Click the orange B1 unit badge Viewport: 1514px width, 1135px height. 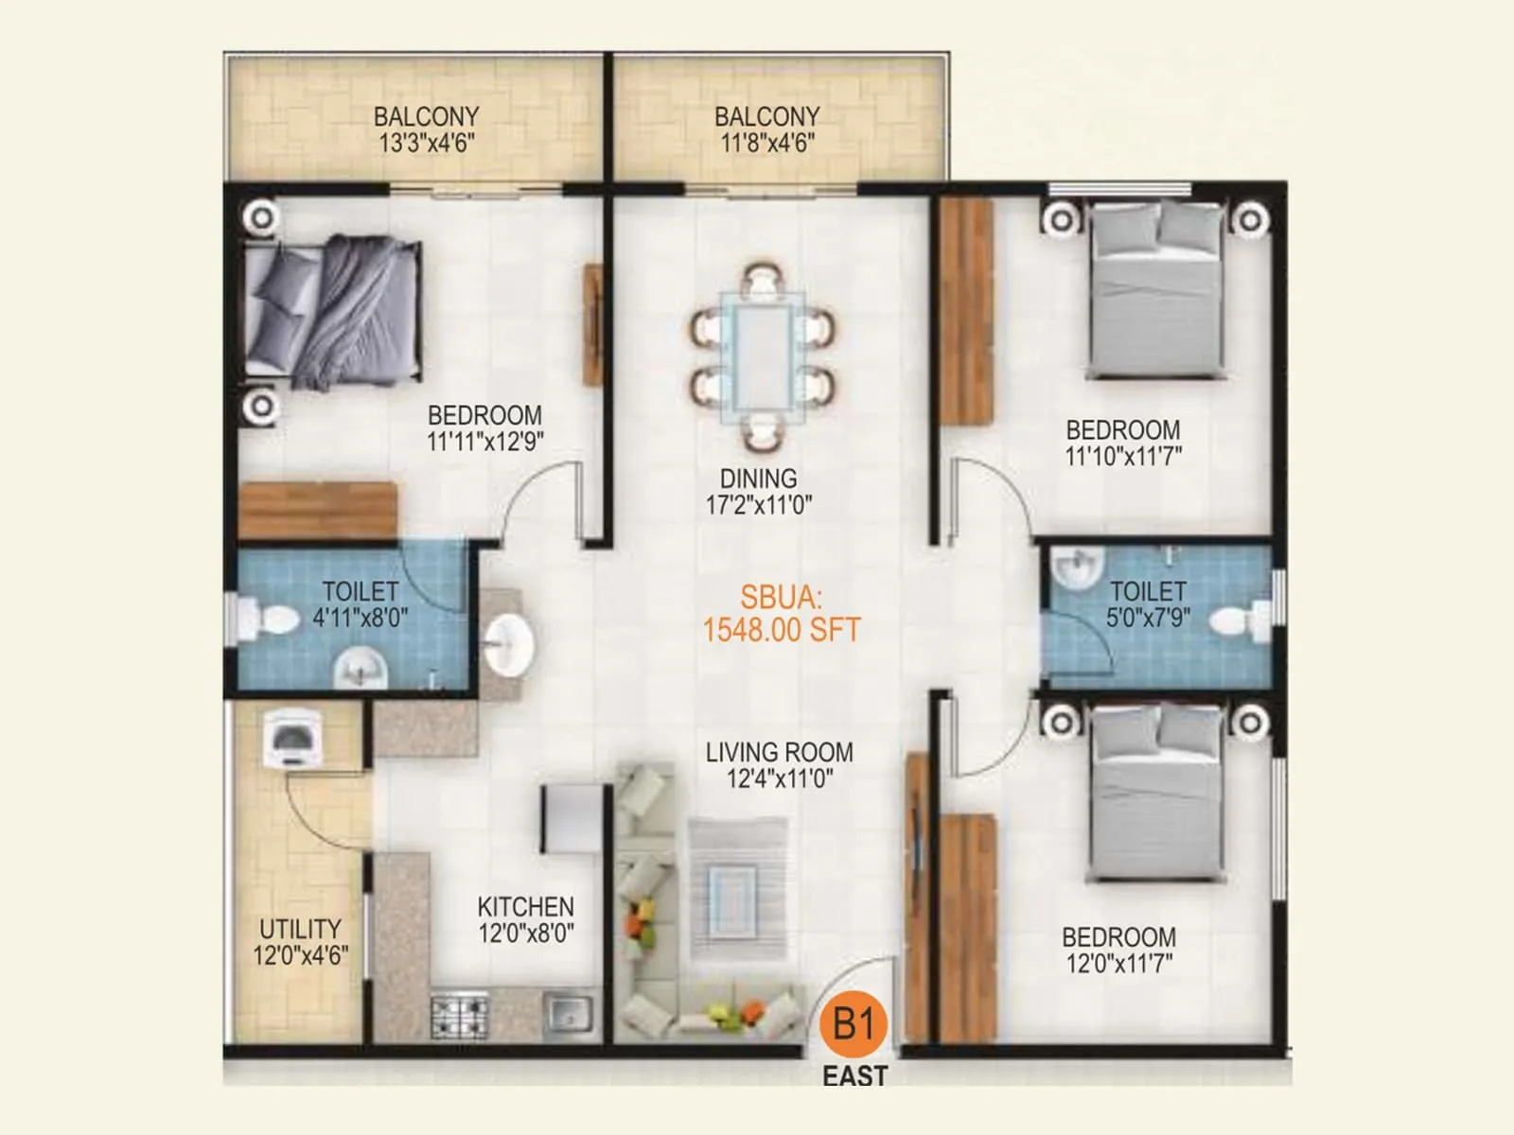tap(854, 1023)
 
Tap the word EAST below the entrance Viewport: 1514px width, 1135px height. tap(854, 1076)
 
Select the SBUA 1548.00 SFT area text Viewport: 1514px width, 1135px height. tap(781, 614)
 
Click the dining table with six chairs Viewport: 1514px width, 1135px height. tap(763, 357)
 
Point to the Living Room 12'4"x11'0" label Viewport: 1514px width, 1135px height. tap(780, 765)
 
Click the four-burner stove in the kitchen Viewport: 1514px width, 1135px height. tap(460, 1016)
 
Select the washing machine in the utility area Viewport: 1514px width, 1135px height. tap(292, 738)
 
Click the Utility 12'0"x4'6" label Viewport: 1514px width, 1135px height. tap(300, 942)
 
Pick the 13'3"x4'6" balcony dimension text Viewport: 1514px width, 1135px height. tap(427, 143)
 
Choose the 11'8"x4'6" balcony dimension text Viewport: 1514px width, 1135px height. tap(767, 143)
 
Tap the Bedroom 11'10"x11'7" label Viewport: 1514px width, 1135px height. tap(1123, 443)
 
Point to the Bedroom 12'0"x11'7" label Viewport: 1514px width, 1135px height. tap(1119, 951)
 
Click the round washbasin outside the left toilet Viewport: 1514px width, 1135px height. tap(509, 645)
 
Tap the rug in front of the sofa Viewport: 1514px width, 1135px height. tap(737, 888)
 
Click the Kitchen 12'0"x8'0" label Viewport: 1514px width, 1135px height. tap(526, 920)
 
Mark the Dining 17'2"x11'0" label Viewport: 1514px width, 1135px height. tap(759, 492)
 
